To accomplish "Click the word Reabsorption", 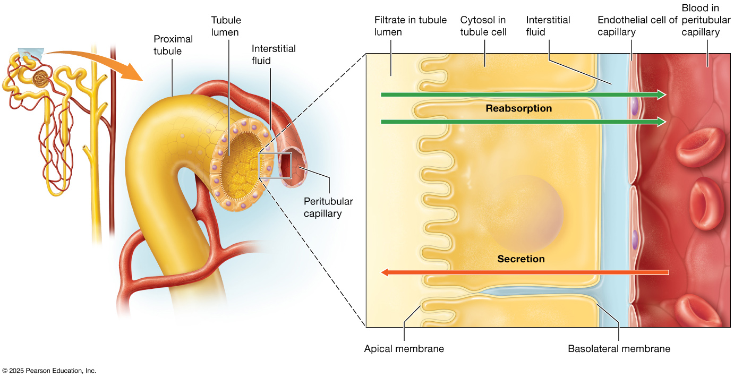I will coord(518,108).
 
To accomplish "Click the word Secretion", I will coord(521,259).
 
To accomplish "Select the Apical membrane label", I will coord(404,349).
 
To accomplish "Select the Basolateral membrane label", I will coord(619,349).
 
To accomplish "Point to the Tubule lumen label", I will coord(226,26).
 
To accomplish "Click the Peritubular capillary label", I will coord(328,208).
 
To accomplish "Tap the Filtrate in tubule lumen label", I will coord(410,26).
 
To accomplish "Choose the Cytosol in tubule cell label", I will coord(483,26).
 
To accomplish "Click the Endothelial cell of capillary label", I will coord(637,26).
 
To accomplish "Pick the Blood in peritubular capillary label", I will coord(699,20).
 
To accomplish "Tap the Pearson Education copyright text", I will coord(49,371).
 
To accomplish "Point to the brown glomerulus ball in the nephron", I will coord(40,80).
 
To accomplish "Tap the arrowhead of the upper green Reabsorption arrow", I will coord(661,95).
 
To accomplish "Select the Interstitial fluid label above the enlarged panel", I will coord(548,26).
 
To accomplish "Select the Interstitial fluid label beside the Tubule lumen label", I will coord(274,54).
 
